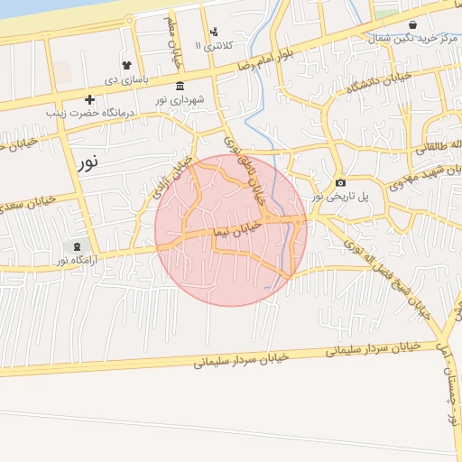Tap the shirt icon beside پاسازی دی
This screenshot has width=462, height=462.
pyautogui.click(x=126, y=66)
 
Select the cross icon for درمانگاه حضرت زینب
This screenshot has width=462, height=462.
pyautogui.click(x=89, y=100)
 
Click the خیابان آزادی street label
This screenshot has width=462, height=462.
pyautogui.click(x=172, y=178)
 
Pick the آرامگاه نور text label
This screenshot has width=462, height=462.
pyautogui.click(x=75, y=261)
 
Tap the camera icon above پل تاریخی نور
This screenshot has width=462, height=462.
pyautogui.click(x=340, y=183)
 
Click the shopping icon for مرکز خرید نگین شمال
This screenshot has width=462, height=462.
pyautogui.click(x=412, y=25)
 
